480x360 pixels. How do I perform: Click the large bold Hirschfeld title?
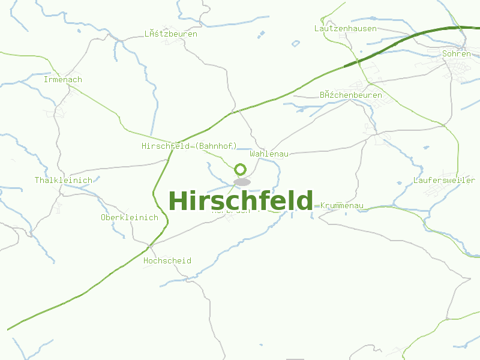[241, 201]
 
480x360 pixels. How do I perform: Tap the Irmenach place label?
[63, 80]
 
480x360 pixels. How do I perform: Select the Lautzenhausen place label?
[346, 29]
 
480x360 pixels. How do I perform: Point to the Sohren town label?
[456, 54]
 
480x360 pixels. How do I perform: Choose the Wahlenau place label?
[269, 154]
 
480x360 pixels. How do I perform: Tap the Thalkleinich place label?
[64, 181]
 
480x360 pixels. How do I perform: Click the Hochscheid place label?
[167, 261]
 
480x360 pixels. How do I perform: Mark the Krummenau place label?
[342, 206]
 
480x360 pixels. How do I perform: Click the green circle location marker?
[241, 169]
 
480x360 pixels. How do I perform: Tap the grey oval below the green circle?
[242, 182]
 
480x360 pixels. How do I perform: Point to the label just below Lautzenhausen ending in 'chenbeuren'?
[351, 95]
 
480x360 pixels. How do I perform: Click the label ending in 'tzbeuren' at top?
[171, 34]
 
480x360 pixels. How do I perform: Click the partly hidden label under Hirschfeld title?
[231, 211]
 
